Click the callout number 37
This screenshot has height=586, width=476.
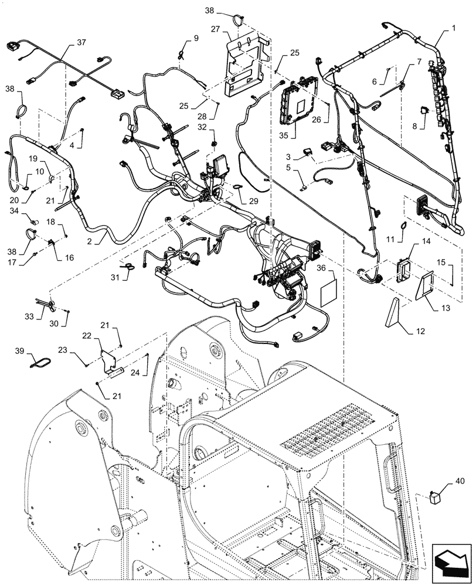click(x=80, y=43)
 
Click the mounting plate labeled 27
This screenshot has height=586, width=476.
click(x=246, y=64)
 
